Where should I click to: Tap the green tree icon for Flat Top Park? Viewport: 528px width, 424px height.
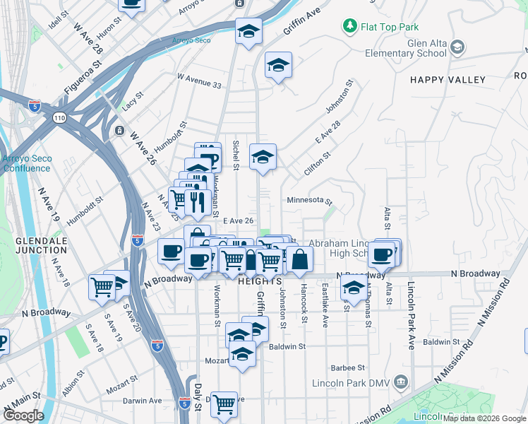tap(349, 27)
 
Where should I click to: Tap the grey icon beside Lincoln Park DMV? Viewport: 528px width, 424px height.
tap(402, 383)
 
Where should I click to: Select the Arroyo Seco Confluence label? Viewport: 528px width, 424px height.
tap(26, 164)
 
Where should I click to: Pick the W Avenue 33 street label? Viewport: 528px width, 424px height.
tap(199, 81)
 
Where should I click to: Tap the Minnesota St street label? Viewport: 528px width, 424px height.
tap(309, 201)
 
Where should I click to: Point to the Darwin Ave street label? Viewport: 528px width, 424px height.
tap(143, 401)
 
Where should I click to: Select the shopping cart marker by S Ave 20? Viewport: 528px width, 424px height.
tap(102, 287)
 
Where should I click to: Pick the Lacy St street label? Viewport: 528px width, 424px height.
tap(133, 100)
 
